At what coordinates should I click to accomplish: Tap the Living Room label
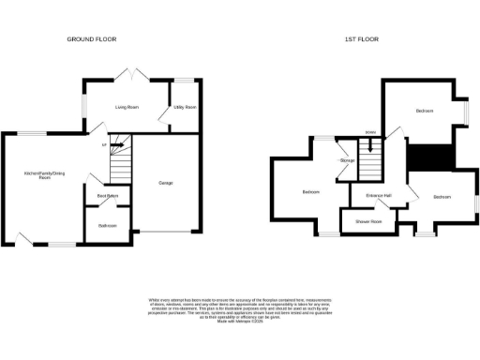tap(127, 108)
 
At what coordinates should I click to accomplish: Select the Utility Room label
tap(185, 108)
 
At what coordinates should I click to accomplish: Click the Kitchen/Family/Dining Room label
tap(44, 174)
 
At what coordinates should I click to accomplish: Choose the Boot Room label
tap(107, 196)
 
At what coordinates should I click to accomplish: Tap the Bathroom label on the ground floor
tap(106, 225)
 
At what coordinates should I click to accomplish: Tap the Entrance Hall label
tap(379, 195)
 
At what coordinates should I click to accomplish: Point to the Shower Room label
tap(368, 222)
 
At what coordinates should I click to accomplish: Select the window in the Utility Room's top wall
tap(185, 80)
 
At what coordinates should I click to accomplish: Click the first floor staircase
tap(373, 161)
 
